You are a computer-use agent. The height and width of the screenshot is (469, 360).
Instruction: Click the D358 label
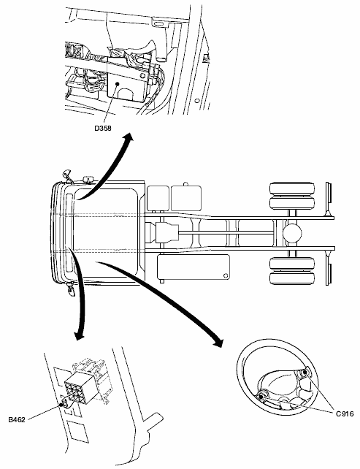click(x=103, y=129)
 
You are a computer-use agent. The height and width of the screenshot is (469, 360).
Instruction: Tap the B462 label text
click(x=17, y=419)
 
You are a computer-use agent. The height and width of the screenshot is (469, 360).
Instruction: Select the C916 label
click(x=345, y=414)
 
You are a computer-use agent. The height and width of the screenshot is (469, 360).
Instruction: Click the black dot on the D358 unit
click(x=118, y=84)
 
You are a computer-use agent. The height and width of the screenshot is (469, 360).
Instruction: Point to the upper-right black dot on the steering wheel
click(x=305, y=373)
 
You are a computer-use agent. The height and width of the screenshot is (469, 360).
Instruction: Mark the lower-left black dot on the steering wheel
click(x=261, y=397)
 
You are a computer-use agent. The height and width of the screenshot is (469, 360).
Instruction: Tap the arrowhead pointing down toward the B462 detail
click(x=79, y=335)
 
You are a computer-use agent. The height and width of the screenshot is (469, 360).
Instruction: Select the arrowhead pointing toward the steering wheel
click(x=218, y=343)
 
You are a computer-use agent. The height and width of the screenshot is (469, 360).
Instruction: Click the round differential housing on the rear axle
click(x=292, y=233)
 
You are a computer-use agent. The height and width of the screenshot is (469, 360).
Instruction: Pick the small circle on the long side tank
click(x=226, y=275)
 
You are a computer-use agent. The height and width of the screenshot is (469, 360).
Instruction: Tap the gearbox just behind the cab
click(x=166, y=233)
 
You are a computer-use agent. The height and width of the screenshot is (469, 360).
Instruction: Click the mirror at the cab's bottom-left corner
click(x=71, y=289)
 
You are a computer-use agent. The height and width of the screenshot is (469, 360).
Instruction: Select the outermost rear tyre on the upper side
click(x=292, y=188)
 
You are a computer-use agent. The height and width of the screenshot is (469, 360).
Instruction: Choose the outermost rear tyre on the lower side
click(x=292, y=278)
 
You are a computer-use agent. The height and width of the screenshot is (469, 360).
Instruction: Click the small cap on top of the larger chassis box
click(x=185, y=184)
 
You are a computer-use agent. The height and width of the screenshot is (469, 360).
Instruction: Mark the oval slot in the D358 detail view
click(x=159, y=23)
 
